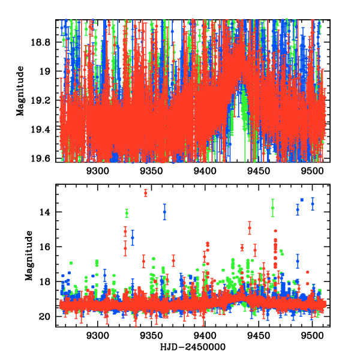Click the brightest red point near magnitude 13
click(x=145, y=193)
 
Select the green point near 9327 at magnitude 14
click(x=127, y=212)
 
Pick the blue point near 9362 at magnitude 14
click(x=164, y=212)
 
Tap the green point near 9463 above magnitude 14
click(x=272, y=208)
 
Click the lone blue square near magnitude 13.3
click(x=302, y=200)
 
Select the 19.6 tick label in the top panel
click(x=41, y=158)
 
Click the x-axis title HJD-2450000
click(x=193, y=347)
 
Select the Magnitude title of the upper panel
click(x=20, y=91)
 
